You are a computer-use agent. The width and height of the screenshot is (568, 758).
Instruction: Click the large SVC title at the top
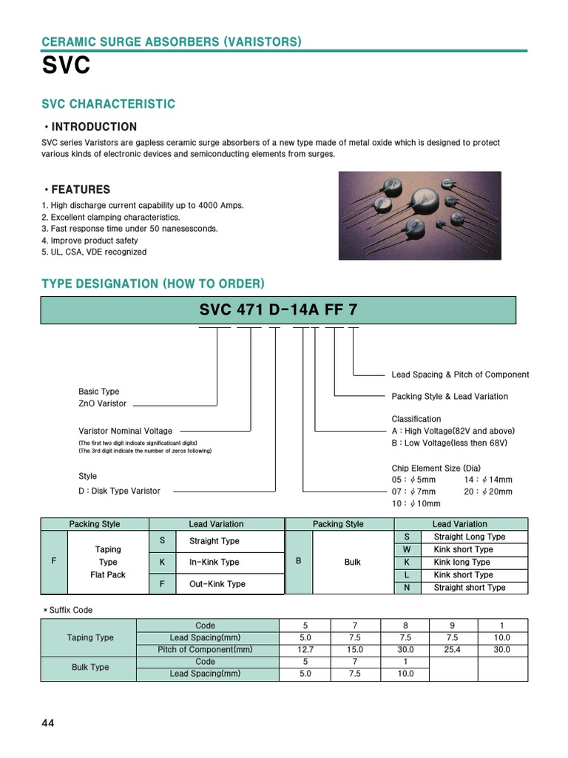(x=67, y=66)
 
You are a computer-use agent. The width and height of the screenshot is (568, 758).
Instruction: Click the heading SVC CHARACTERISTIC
(x=108, y=104)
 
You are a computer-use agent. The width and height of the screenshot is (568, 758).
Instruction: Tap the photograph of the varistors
(x=419, y=215)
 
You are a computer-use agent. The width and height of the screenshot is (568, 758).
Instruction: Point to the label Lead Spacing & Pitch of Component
(x=460, y=375)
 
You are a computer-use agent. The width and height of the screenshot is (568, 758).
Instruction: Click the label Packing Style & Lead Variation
(x=450, y=397)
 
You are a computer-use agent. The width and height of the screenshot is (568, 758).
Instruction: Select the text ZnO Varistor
(x=102, y=403)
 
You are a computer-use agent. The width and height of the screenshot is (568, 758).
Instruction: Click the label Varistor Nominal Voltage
(x=125, y=431)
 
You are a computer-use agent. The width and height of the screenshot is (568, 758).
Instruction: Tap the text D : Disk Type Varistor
(x=119, y=491)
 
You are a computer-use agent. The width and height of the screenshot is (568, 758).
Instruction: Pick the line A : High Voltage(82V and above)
(x=453, y=431)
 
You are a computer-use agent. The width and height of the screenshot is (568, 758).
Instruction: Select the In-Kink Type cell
(x=214, y=563)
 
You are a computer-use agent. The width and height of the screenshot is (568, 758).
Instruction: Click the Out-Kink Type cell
(x=217, y=584)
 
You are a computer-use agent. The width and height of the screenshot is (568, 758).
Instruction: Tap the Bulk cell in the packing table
(x=353, y=563)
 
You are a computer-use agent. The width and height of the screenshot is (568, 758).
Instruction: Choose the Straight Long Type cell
(x=470, y=537)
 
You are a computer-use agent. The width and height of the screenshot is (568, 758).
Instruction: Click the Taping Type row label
(x=90, y=637)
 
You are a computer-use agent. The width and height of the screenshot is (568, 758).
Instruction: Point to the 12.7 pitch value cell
(x=305, y=649)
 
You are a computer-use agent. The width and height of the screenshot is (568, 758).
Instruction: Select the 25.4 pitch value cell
(x=453, y=649)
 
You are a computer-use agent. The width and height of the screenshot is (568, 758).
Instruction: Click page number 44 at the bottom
(x=48, y=723)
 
